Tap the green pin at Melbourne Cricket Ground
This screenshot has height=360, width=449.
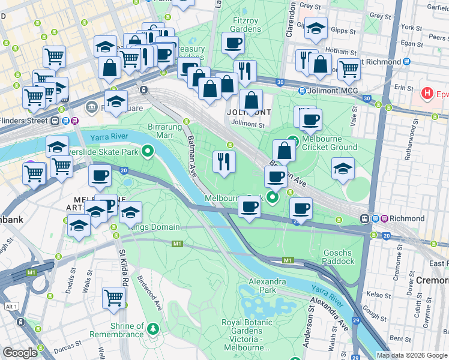click(x=292, y=142)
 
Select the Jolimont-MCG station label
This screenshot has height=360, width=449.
click(x=328, y=91)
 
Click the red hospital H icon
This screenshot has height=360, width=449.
click(x=427, y=94)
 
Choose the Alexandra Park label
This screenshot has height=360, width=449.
click(x=267, y=286)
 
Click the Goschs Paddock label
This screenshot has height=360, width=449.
click(x=339, y=257)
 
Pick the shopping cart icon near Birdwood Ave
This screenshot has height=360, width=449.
click(x=113, y=298)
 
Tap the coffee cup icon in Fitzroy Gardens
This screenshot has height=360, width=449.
click(x=232, y=43)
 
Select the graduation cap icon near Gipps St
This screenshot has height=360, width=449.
click(x=316, y=29)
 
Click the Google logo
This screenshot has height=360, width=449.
click(x=20, y=353)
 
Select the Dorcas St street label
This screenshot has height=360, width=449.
click(x=67, y=346)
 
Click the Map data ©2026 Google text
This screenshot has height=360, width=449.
click(x=411, y=355)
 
